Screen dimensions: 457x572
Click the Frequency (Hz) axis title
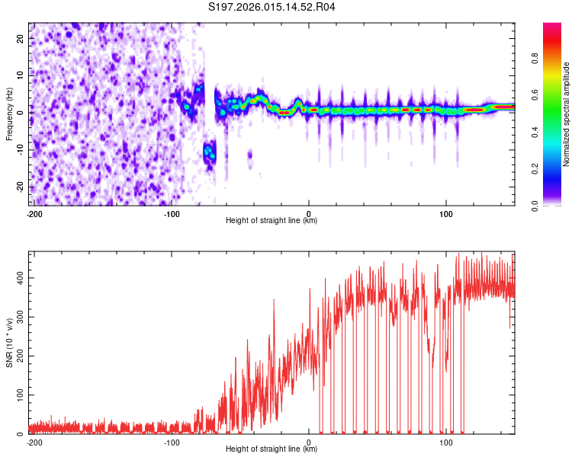[9, 113]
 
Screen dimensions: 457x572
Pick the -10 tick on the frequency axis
[21, 149]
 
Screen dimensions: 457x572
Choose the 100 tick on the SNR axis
[19, 395]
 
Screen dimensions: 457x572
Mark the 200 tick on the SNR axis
[19, 356]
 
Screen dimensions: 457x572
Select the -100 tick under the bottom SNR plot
[172, 442]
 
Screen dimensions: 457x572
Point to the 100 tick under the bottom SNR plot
[447, 442]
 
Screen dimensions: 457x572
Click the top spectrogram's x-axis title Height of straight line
[272, 221]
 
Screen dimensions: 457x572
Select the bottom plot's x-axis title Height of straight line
[272, 449]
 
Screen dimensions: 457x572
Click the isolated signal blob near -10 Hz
[209, 152]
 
